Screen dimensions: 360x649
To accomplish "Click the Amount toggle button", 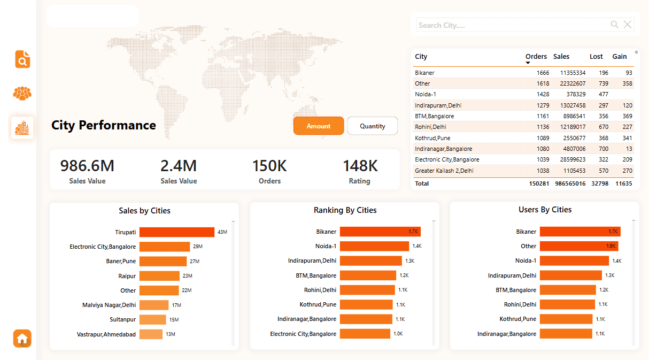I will (318, 126).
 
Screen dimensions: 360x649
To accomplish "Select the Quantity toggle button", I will (372, 126).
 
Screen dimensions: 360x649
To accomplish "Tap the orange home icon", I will (22, 339).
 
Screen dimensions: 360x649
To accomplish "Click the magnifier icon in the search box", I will (615, 25).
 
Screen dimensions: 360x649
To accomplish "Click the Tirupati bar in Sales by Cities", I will (176, 232).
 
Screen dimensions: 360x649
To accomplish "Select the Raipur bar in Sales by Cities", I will (159, 276).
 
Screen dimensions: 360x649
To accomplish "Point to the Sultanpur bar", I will (152, 319).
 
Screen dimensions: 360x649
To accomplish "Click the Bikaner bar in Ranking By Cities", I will (380, 232).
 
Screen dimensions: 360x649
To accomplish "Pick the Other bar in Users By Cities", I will (578, 246).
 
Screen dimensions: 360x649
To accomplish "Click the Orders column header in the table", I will (536, 57).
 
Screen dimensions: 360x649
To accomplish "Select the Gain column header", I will (620, 57).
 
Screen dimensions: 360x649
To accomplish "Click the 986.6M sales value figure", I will (87, 166).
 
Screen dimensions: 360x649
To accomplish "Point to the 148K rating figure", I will (360, 166).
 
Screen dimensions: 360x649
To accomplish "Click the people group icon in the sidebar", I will (22, 93).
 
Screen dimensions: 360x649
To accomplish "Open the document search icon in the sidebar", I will (22, 59).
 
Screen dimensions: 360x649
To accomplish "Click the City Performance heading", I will (104, 125).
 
